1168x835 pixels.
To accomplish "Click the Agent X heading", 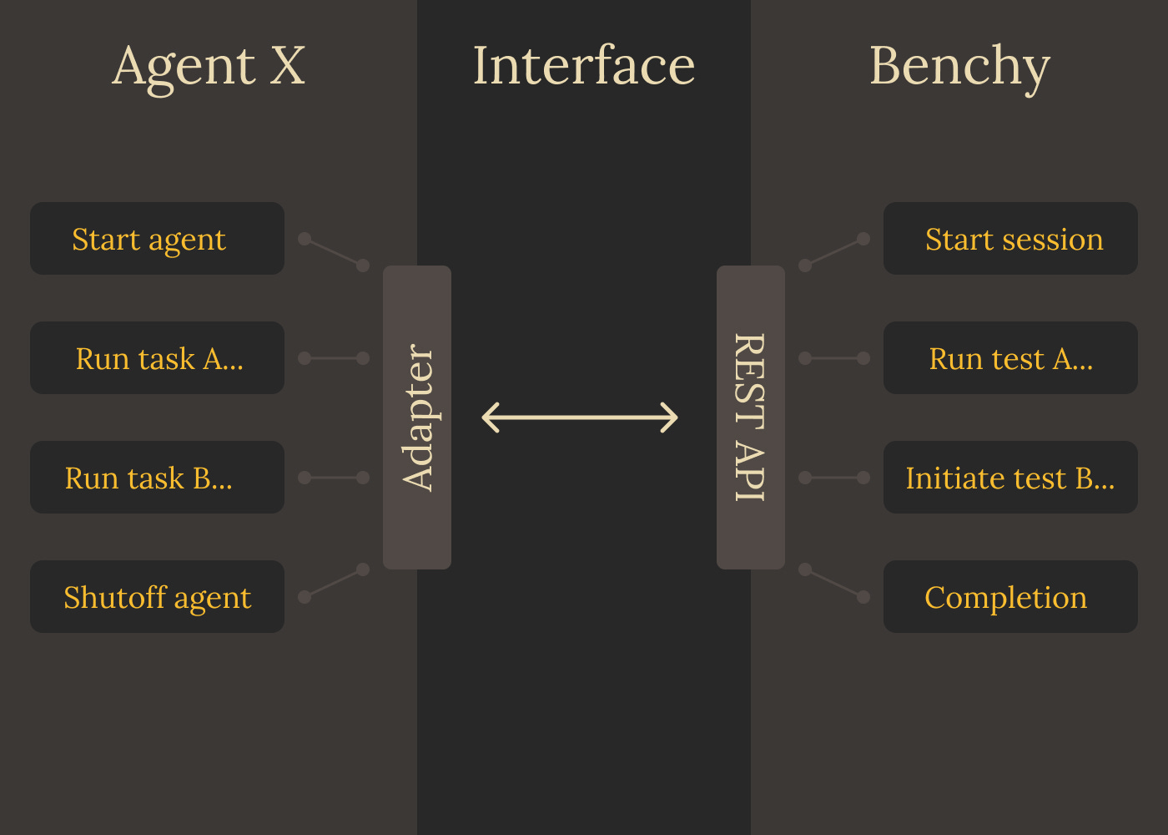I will point(209,66).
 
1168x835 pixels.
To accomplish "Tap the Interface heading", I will point(583,66).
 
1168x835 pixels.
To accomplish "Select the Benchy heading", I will point(959,66).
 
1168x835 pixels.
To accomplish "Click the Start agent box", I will point(157,239).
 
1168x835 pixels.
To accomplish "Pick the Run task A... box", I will point(157,358).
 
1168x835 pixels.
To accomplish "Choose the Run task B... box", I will point(157,478).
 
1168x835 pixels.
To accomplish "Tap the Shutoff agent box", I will point(157,597).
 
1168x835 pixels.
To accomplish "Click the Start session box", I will point(1010,239).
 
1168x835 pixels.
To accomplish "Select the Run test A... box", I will point(1010,358).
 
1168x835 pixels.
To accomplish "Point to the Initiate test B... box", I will point(1010,478).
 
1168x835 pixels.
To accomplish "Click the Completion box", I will point(1010,597).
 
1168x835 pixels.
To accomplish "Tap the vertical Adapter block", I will point(417,417).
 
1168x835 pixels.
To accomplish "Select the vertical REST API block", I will point(751,417).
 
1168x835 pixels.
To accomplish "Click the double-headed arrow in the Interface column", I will point(581,417).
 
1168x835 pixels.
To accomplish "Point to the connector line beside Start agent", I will point(334,252).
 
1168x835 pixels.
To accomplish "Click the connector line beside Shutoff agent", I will point(334,584).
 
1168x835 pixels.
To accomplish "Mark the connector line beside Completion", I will point(834,584).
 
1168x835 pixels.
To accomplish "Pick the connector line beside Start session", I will point(834,252).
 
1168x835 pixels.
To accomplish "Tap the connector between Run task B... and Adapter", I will point(334,478).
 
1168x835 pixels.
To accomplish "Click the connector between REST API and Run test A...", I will point(834,358).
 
